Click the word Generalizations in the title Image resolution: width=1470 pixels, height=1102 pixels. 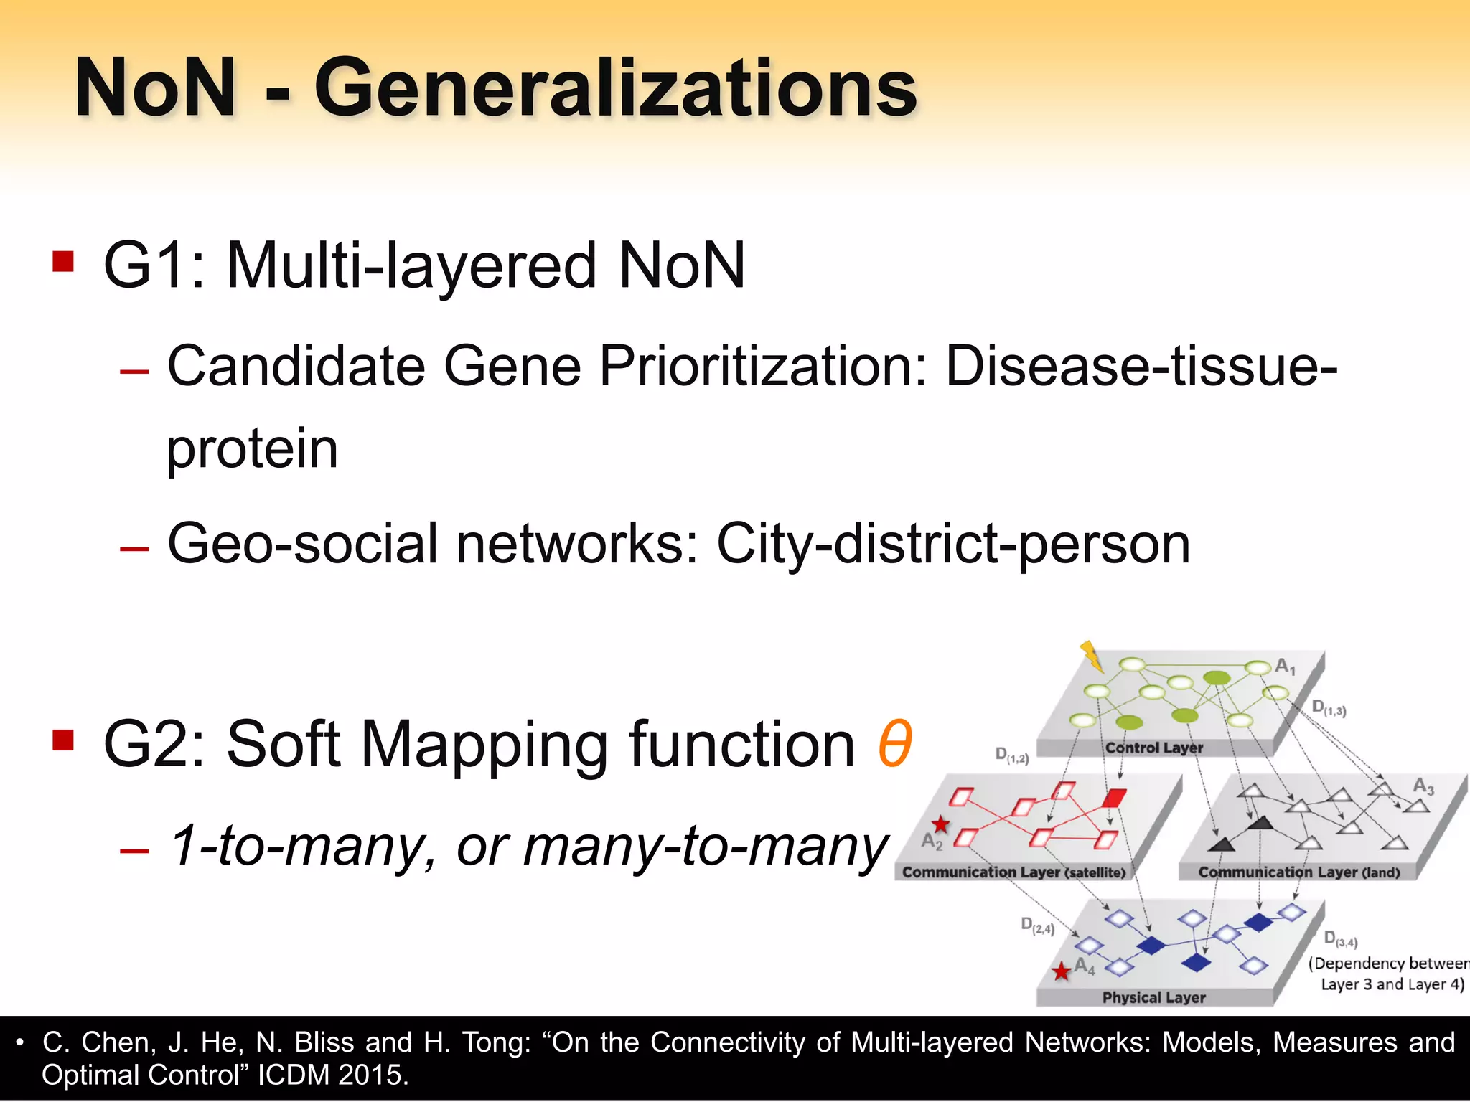pos(616,89)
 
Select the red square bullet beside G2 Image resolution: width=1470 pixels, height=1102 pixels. pos(63,739)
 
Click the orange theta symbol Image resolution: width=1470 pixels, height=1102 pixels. pos(894,743)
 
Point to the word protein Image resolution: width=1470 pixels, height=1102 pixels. pos(252,449)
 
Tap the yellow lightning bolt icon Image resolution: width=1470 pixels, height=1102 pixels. pos(1091,655)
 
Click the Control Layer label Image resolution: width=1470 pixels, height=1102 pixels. pos(1153,748)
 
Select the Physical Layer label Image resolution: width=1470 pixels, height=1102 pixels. pos(1153,997)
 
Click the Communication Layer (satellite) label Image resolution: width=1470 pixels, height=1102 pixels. pos(1013,872)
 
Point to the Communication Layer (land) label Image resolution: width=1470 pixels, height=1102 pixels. pos(1299,872)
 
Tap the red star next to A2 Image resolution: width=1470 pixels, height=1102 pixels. pos(940,825)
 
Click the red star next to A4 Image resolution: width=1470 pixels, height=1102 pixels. pos(1061,972)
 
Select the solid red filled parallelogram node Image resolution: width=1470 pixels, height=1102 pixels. pos(1114,797)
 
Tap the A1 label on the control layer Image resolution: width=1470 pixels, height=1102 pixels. pos(1285,667)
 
